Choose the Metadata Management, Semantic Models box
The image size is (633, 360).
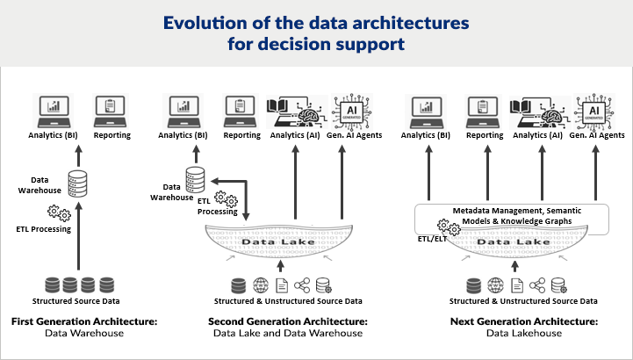coord(511,216)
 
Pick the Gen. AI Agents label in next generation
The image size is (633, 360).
coord(597,135)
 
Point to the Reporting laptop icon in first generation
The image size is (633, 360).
coord(112,110)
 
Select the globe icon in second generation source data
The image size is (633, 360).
coord(260,285)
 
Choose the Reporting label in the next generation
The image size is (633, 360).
coord(485,135)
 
